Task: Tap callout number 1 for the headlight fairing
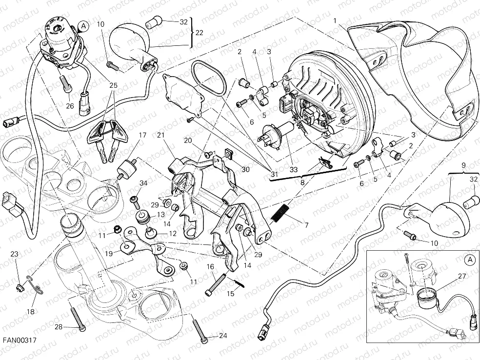[x=336, y=21]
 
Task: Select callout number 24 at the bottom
[x=223, y=336]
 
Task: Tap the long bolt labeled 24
[x=200, y=331]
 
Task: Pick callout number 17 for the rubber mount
[x=142, y=135]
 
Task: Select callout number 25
[x=113, y=85]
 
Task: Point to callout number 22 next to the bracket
[x=199, y=33]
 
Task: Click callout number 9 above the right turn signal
[x=463, y=165]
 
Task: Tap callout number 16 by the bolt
[x=211, y=266]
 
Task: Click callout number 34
[x=143, y=183]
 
